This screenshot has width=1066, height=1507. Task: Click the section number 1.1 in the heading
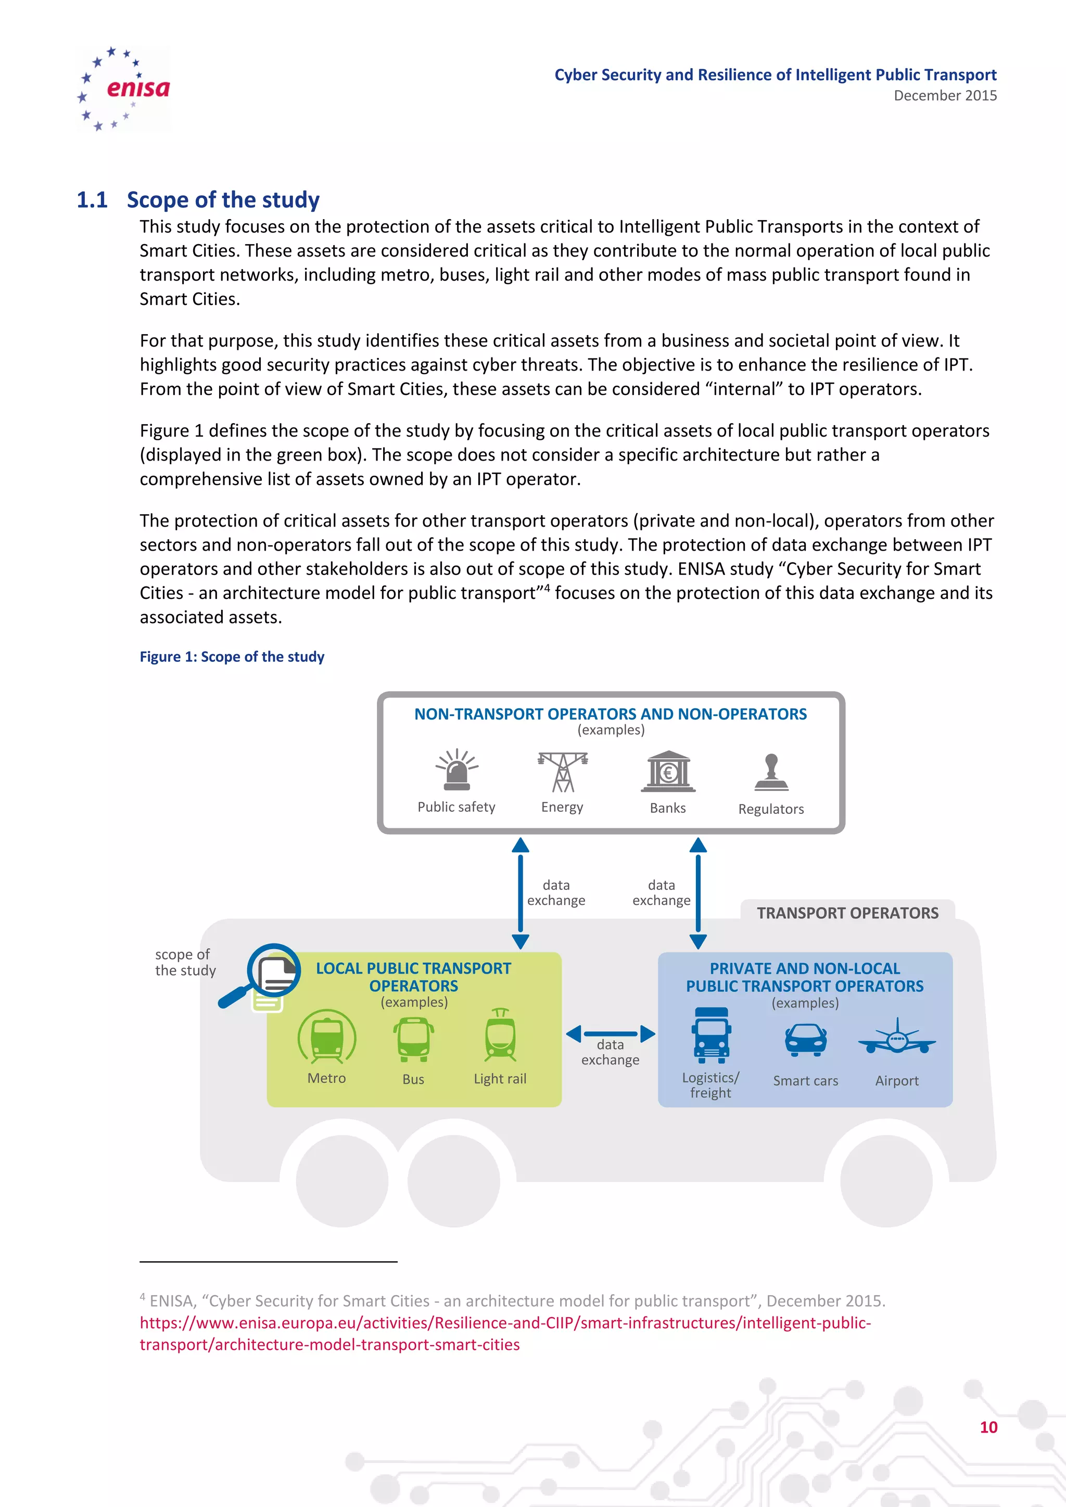coord(92,199)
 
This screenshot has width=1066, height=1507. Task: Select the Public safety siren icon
coord(457,771)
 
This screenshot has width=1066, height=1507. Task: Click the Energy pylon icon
coord(563,772)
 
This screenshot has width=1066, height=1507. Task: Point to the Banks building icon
coord(668,771)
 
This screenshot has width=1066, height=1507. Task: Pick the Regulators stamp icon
coord(771,773)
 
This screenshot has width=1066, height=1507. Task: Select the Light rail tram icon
coord(500,1036)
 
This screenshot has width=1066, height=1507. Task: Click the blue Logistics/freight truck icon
coord(711,1036)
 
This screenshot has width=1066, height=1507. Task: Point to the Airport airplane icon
coord(897,1038)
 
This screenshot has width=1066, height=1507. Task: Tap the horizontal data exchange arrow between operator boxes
coord(611,1034)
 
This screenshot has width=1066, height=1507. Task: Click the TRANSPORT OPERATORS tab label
coord(847,913)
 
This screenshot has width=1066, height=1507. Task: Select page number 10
coord(988,1427)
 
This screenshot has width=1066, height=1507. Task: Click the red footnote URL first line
coord(505,1323)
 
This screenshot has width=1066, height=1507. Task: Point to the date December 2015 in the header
coord(945,96)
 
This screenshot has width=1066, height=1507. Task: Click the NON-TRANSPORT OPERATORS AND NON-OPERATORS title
coord(610,714)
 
